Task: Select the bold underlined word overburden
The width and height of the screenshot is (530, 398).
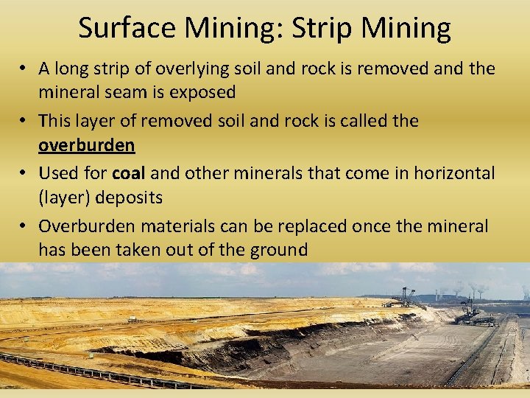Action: click(x=86, y=145)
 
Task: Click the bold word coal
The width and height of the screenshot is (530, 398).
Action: click(x=130, y=172)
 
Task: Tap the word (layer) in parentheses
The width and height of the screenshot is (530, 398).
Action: click(x=64, y=198)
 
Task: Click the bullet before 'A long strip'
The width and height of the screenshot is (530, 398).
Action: click(x=24, y=69)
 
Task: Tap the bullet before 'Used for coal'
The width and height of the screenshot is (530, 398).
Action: click(x=24, y=173)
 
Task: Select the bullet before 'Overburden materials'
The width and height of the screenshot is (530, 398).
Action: click(x=24, y=226)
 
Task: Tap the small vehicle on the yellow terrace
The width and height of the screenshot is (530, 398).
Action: click(x=132, y=318)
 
